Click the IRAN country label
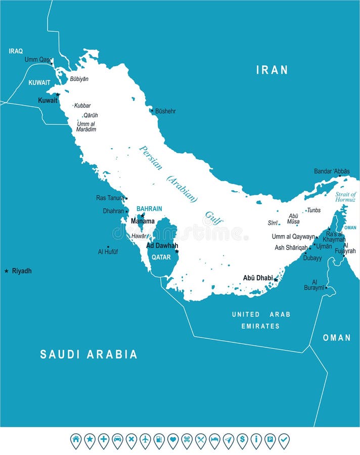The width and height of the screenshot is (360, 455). (272, 70)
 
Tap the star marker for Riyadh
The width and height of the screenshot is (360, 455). (7, 271)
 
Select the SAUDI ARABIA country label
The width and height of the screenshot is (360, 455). (88, 354)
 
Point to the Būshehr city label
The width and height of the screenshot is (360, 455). (165, 111)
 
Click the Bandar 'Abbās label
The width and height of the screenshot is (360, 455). (332, 171)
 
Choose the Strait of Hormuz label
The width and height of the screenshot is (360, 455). (346, 197)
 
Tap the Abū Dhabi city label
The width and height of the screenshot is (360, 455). (257, 278)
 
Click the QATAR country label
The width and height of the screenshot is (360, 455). (161, 257)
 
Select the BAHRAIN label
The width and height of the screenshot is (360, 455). (149, 209)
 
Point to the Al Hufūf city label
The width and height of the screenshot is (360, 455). (108, 251)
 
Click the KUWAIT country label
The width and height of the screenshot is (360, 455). (39, 82)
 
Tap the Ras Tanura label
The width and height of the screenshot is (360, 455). (110, 198)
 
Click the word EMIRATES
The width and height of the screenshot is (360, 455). (260, 326)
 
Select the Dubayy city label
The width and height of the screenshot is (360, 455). (312, 258)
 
